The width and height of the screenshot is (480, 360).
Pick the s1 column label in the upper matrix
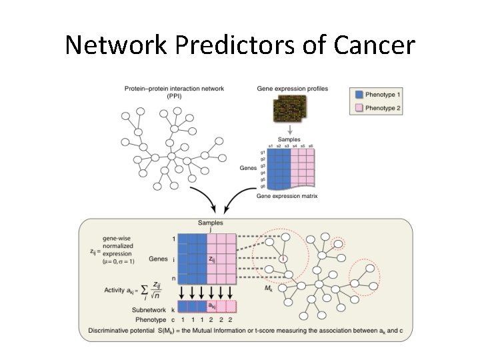click(270, 146)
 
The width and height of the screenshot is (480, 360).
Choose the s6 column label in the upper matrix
click(311, 146)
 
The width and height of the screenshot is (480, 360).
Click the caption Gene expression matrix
click(287, 196)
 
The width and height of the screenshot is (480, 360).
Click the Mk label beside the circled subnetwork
click(268, 289)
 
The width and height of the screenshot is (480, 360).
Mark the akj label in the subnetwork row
click(211, 306)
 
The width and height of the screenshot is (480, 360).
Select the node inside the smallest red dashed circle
click(339, 244)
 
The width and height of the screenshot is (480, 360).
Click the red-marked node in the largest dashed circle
click(284, 257)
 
